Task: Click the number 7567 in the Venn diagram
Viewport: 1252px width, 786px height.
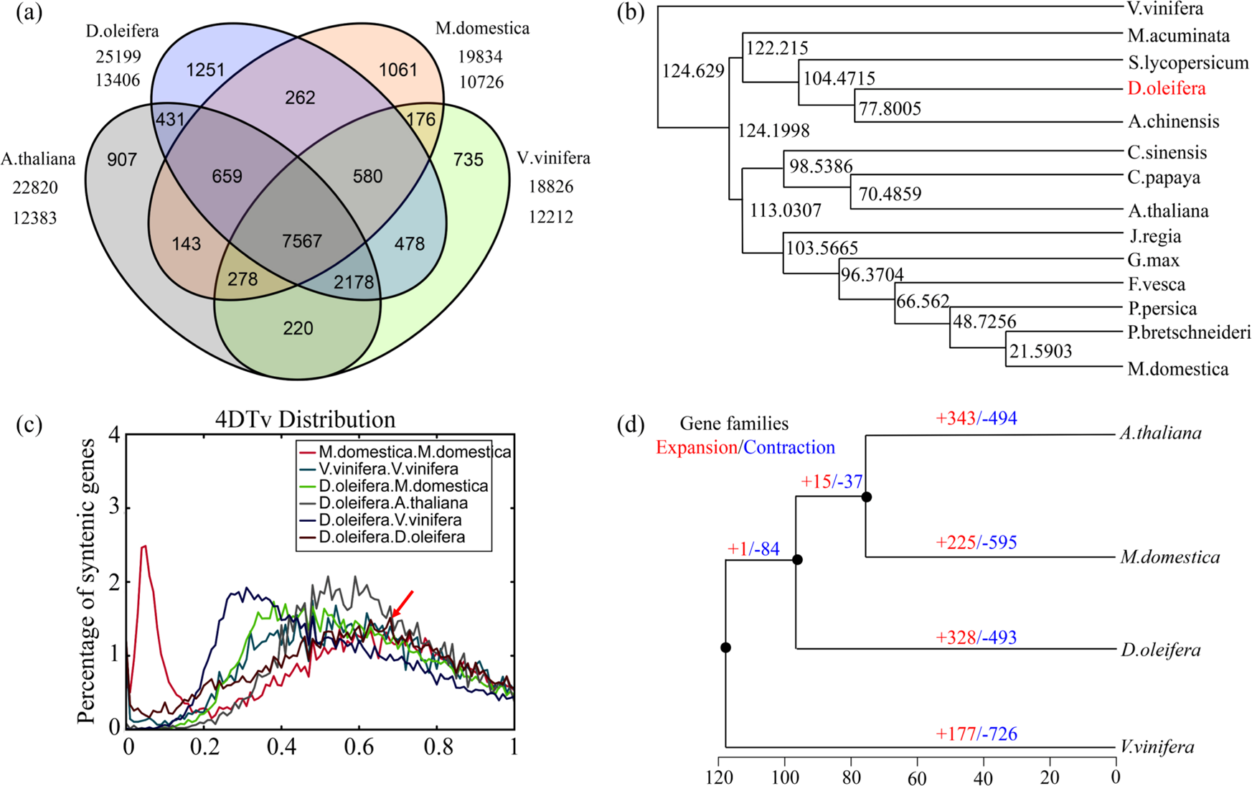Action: click(x=301, y=241)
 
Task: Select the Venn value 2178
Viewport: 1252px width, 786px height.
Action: click(x=354, y=282)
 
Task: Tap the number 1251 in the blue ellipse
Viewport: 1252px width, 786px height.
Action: click(x=205, y=70)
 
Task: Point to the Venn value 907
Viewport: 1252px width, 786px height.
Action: click(x=122, y=160)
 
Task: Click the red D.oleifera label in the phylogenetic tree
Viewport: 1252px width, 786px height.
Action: click(x=1167, y=88)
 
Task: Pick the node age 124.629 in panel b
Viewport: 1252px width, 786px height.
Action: click(x=693, y=71)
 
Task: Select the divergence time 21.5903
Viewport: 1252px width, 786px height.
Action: click(x=1040, y=351)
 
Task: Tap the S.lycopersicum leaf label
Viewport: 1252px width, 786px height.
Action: click(x=1187, y=63)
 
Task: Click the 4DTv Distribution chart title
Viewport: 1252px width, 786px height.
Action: click(x=305, y=419)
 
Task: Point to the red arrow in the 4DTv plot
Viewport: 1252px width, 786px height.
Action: click(x=402, y=604)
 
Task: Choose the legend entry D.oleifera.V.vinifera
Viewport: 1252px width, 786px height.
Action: click(x=390, y=520)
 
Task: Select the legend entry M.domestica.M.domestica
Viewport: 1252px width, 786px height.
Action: click(x=415, y=452)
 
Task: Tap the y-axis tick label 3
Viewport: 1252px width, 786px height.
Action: click(x=113, y=509)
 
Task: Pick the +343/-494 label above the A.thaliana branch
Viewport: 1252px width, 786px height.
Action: click(x=976, y=418)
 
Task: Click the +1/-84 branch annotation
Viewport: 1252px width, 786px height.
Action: click(x=753, y=549)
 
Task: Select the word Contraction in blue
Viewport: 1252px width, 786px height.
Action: click(x=789, y=448)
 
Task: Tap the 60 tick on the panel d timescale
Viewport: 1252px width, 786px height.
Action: click(x=917, y=777)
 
